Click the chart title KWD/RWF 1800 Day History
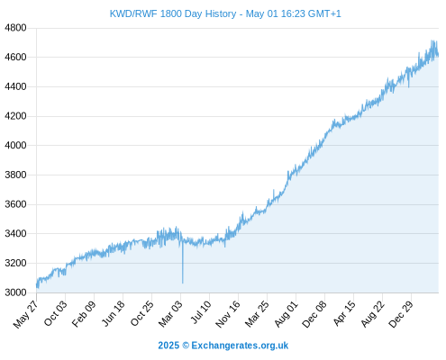tap(173, 13)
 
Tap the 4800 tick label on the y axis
tap(15, 28)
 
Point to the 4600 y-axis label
tap(15, 57)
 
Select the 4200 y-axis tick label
tap(15, 116)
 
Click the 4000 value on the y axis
tap(15, 145)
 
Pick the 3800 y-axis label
tap(15, 175)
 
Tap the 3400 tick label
tap(15, 233)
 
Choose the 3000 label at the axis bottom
tap(15, 292)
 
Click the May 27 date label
tap(26, 314)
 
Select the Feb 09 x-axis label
tap(84, 313)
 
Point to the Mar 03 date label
tap(170, 313)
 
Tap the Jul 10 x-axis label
tap(201, 312)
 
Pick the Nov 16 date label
tap(228, 314)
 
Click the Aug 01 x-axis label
tap(286, 313)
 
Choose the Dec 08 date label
tap(314, 314)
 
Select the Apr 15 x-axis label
tap(344, 313)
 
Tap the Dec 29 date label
tap(401, 314)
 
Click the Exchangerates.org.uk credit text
tap(240, 346)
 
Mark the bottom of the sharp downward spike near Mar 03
tap(183, 283)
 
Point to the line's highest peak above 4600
tap(432, 40)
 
